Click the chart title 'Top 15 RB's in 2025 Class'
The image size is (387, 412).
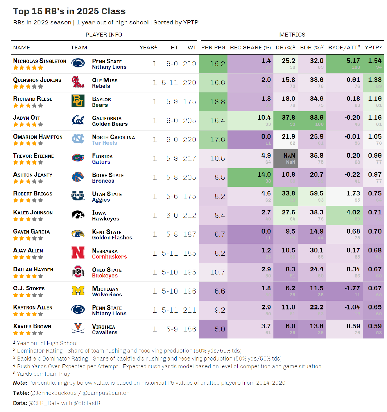[x=69, y=11]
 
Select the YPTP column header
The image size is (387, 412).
[x=373, y=48]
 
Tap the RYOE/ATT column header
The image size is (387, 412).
[x=344, y=48]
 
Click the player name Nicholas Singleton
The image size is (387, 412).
[x=40, y=61]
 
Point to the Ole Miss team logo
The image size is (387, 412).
[x=78, y=82]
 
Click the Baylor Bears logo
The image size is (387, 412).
[x=78, y=101]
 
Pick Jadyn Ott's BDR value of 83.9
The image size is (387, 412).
[x=317, y=118]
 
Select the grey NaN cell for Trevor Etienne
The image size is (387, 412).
[x=285, y=158]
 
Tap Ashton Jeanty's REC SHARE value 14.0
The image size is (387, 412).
[x=264, y=175]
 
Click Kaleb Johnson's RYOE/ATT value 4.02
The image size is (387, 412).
[x=353, y=212]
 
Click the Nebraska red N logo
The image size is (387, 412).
[x=78, y=253]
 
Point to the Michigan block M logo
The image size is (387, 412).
[x=78, y=291]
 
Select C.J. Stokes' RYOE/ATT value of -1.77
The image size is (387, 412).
[x=352, y=288]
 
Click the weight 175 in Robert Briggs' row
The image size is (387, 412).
[x=190, y=196]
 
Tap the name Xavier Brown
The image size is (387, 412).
[x=32, y=327]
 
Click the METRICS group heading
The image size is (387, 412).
[x=292, y=35]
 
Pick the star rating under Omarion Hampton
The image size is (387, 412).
[x=28, y=143]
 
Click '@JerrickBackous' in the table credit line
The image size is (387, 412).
[x=53, y=393]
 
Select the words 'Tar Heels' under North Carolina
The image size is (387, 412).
[x=104, y=143]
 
